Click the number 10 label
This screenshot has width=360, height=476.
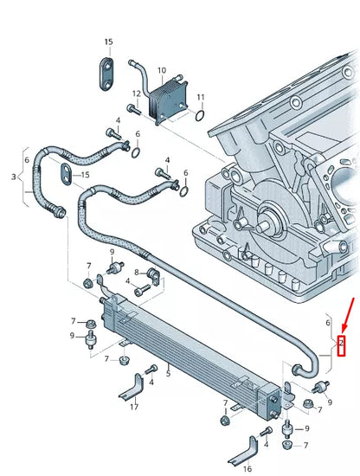coord(162,70)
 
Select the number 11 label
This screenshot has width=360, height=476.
coord(200,96)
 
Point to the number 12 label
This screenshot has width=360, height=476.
coord(136,93)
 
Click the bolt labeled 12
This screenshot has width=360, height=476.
coord(134,109)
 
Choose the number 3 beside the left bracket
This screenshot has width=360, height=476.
coord(13,176)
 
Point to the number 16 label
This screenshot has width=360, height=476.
coord(247,467)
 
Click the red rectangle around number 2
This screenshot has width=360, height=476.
coord(341,345)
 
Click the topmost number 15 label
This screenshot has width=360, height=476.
coord(108,42)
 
